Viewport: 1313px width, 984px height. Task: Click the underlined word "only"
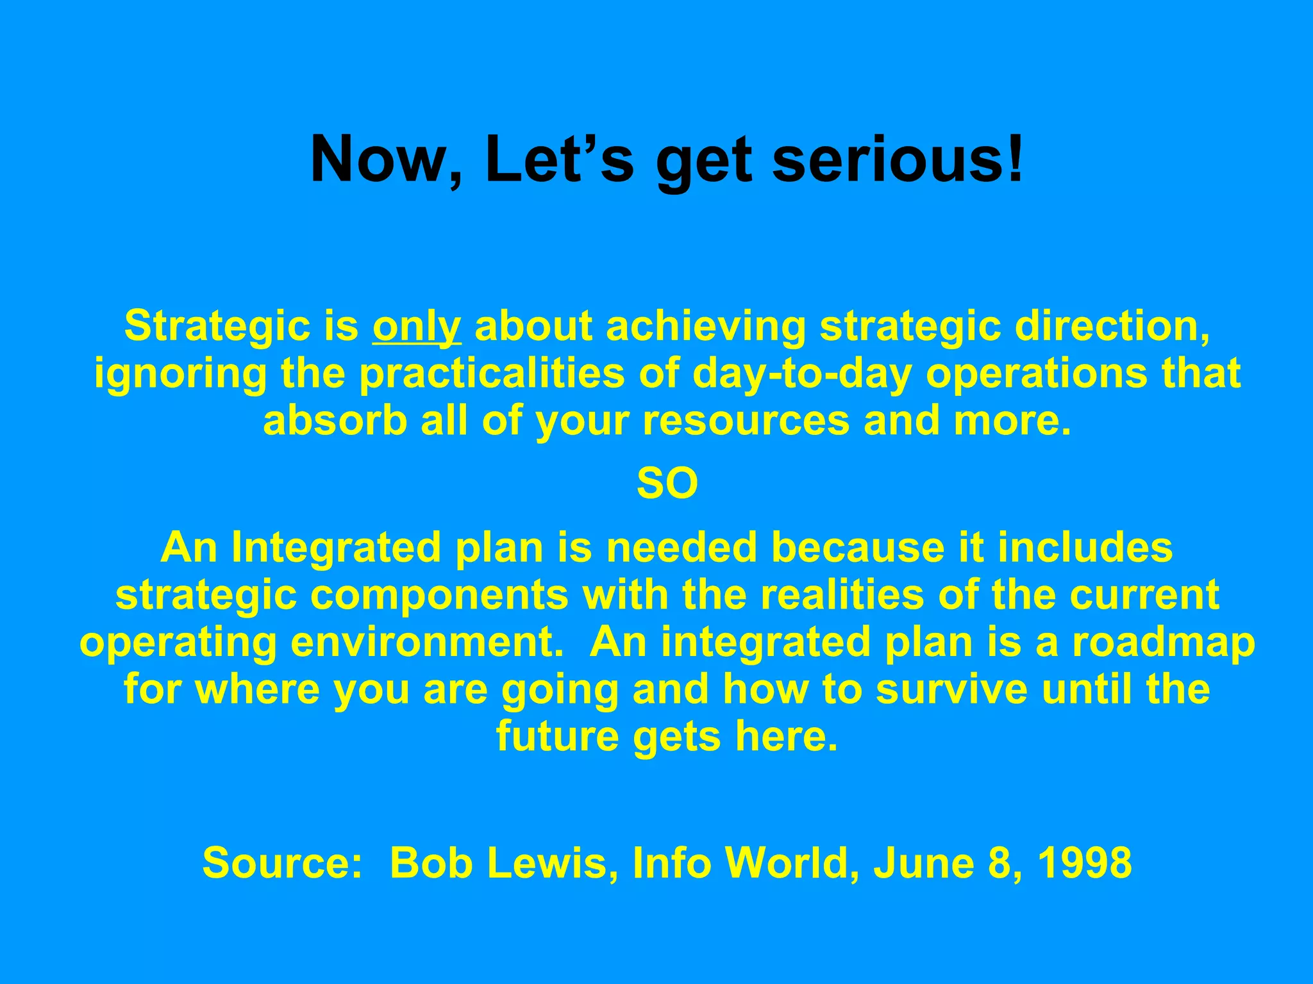[x=416, y=326]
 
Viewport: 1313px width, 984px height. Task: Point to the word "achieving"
[x=705, y=326]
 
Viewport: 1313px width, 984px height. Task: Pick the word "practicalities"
[x=492, y=373]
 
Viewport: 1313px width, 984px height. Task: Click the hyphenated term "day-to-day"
[x=801, y=373]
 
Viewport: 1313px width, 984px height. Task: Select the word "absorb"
[x=335, y=421]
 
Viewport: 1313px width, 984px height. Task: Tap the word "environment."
[x=427, y=642]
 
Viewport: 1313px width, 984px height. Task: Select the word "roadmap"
[x=1164, y=642]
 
